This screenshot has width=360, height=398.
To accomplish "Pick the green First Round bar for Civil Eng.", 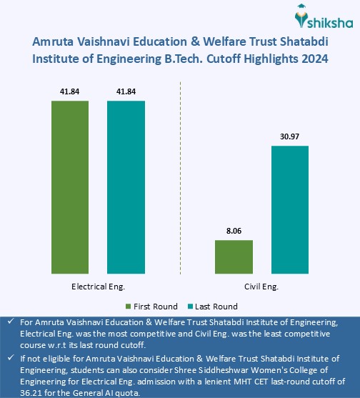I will (234, 255).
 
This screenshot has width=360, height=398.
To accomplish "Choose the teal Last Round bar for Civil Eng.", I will (289, 209).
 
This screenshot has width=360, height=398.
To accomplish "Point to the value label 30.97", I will (289, 136).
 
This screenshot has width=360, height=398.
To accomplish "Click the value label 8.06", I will (234, 230).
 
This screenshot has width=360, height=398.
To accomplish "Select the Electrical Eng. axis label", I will (98, 287).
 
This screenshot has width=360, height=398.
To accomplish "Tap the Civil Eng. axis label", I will (261, 287).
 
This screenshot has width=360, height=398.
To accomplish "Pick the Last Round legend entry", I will (212, 306).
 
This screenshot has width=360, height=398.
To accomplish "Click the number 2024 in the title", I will (314, 59).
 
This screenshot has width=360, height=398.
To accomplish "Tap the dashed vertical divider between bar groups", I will (180, 179).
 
